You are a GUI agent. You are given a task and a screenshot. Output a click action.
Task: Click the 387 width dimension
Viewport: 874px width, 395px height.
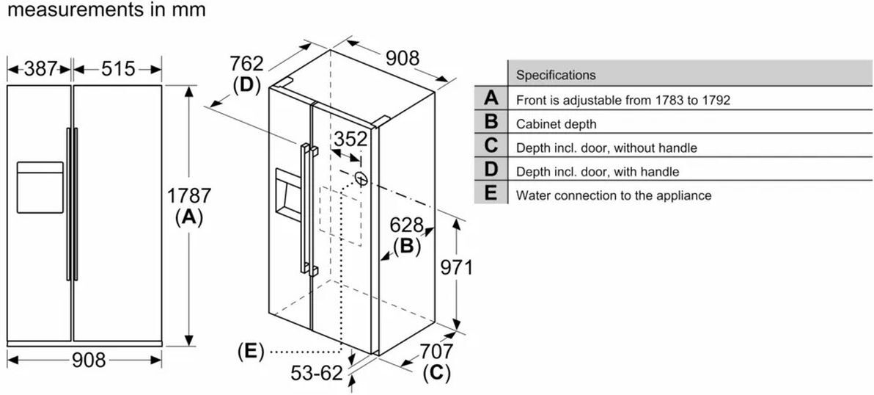pos(40,69)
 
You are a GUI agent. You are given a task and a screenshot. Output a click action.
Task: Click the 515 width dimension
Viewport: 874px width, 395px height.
pos(118,69)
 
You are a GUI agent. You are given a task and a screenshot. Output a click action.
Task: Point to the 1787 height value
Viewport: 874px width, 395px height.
pos(189,196)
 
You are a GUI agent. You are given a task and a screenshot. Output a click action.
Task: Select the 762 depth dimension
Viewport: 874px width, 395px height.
pos(246,64)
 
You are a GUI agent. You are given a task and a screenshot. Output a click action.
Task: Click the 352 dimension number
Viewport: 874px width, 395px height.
pos(350,139)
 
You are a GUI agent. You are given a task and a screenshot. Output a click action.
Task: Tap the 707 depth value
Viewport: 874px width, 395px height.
pos(436,352)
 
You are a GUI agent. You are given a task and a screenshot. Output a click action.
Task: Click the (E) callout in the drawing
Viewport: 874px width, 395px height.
pos(251,352)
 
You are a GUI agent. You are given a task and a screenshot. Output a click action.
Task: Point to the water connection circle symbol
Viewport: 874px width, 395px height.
pos(360,177)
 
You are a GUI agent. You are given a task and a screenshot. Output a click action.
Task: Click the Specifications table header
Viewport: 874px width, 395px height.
pos(556,75)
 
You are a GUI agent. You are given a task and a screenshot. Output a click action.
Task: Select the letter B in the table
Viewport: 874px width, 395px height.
pos(491,123)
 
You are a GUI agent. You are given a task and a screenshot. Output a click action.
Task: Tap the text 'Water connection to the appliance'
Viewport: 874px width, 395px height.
pos(614,195)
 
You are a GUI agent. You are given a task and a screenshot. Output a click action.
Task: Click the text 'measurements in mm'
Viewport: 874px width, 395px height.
pos(103,10)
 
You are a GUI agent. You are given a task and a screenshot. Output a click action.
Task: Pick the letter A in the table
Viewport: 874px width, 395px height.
pos(491,98)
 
